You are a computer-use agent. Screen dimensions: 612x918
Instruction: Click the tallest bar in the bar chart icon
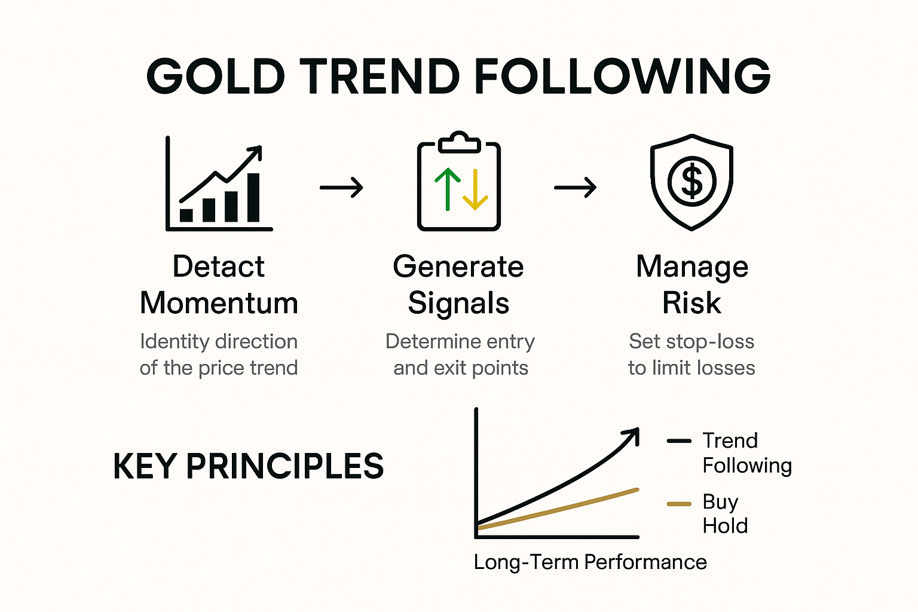pos(253,197)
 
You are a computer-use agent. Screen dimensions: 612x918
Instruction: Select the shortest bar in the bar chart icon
pos(186,215)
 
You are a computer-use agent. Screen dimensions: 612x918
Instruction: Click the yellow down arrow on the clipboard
pos(475,190)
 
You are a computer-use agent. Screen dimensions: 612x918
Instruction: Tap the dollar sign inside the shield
pos(691,181)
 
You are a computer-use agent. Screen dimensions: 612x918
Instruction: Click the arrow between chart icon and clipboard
pos(341,188)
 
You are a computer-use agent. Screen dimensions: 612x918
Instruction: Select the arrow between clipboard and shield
pos(575,188)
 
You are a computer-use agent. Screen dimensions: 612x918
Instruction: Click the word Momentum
pos(219,303)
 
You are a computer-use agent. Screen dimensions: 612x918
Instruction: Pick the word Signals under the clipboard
pos(458,303)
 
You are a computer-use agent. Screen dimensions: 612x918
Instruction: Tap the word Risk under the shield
pos(691,303)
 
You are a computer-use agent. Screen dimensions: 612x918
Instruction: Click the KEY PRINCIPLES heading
pos(248,466)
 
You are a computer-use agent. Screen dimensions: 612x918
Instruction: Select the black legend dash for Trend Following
pos(679,441)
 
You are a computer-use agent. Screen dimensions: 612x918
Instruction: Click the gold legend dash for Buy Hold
pos(679,504)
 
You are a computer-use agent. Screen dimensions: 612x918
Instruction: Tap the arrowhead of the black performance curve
pos(632,434)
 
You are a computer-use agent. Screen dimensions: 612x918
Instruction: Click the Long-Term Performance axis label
pos(590,562)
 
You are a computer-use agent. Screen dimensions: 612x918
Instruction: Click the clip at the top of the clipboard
pos(458,142)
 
